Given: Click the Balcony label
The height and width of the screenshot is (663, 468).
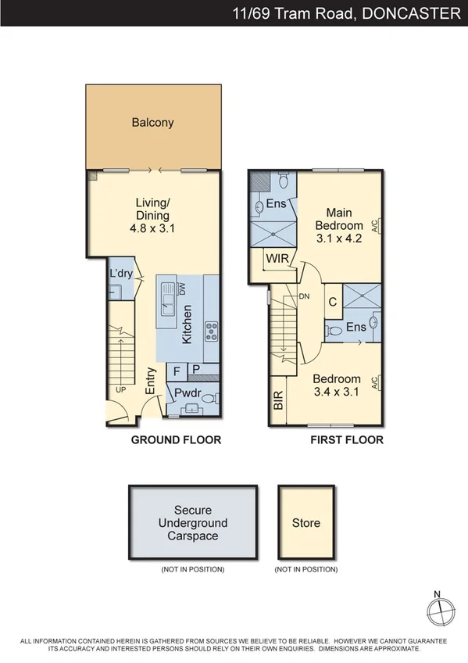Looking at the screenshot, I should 152,123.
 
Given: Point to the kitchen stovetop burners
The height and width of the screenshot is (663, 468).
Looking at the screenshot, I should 211,330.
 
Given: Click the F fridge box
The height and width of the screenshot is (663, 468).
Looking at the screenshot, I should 177,371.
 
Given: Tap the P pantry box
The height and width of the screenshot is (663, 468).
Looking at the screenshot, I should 196,371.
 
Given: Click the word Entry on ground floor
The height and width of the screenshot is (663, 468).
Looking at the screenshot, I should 151,382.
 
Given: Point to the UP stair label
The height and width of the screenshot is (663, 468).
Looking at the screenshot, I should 120,389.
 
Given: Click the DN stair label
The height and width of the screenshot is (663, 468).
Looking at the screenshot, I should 305,296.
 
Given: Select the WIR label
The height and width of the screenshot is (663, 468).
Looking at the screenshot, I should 279,258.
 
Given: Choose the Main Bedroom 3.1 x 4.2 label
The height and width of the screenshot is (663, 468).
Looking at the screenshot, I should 338,226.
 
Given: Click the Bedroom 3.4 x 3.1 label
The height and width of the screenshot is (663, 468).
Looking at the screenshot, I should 337,385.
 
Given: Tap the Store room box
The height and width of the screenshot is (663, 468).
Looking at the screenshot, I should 306,522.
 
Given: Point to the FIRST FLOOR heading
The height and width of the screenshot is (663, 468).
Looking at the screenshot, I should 347,440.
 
